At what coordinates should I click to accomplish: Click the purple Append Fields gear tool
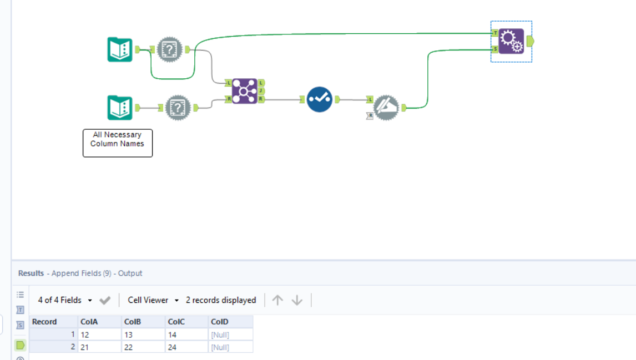click(511, 41)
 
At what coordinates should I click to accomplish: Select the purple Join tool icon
click(244, 91)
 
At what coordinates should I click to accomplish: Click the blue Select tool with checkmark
click(320, 99)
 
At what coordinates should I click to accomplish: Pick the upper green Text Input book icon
click(120, 49)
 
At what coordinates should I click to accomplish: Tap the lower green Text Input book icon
click(120, 108)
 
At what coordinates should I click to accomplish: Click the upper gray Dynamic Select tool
click(170, 50)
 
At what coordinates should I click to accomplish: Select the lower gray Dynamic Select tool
click(178, 108)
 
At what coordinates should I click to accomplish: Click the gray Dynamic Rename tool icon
click(386, 108)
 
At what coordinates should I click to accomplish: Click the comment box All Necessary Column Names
click(118, 143)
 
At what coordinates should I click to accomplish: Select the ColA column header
click(99, 322)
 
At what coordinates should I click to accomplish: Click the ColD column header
click(230, 322)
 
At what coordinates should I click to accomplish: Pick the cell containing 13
click(143, 334)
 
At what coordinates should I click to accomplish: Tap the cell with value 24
click(186, 347)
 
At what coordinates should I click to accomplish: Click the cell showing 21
click(99, 347)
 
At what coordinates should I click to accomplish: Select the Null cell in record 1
click(230, 334)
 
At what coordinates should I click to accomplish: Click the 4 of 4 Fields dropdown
click(65, 300)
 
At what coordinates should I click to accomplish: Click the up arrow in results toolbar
click(278, 300)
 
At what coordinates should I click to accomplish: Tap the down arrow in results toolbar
click(297, 300)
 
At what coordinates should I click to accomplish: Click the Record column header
click(53, 322)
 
